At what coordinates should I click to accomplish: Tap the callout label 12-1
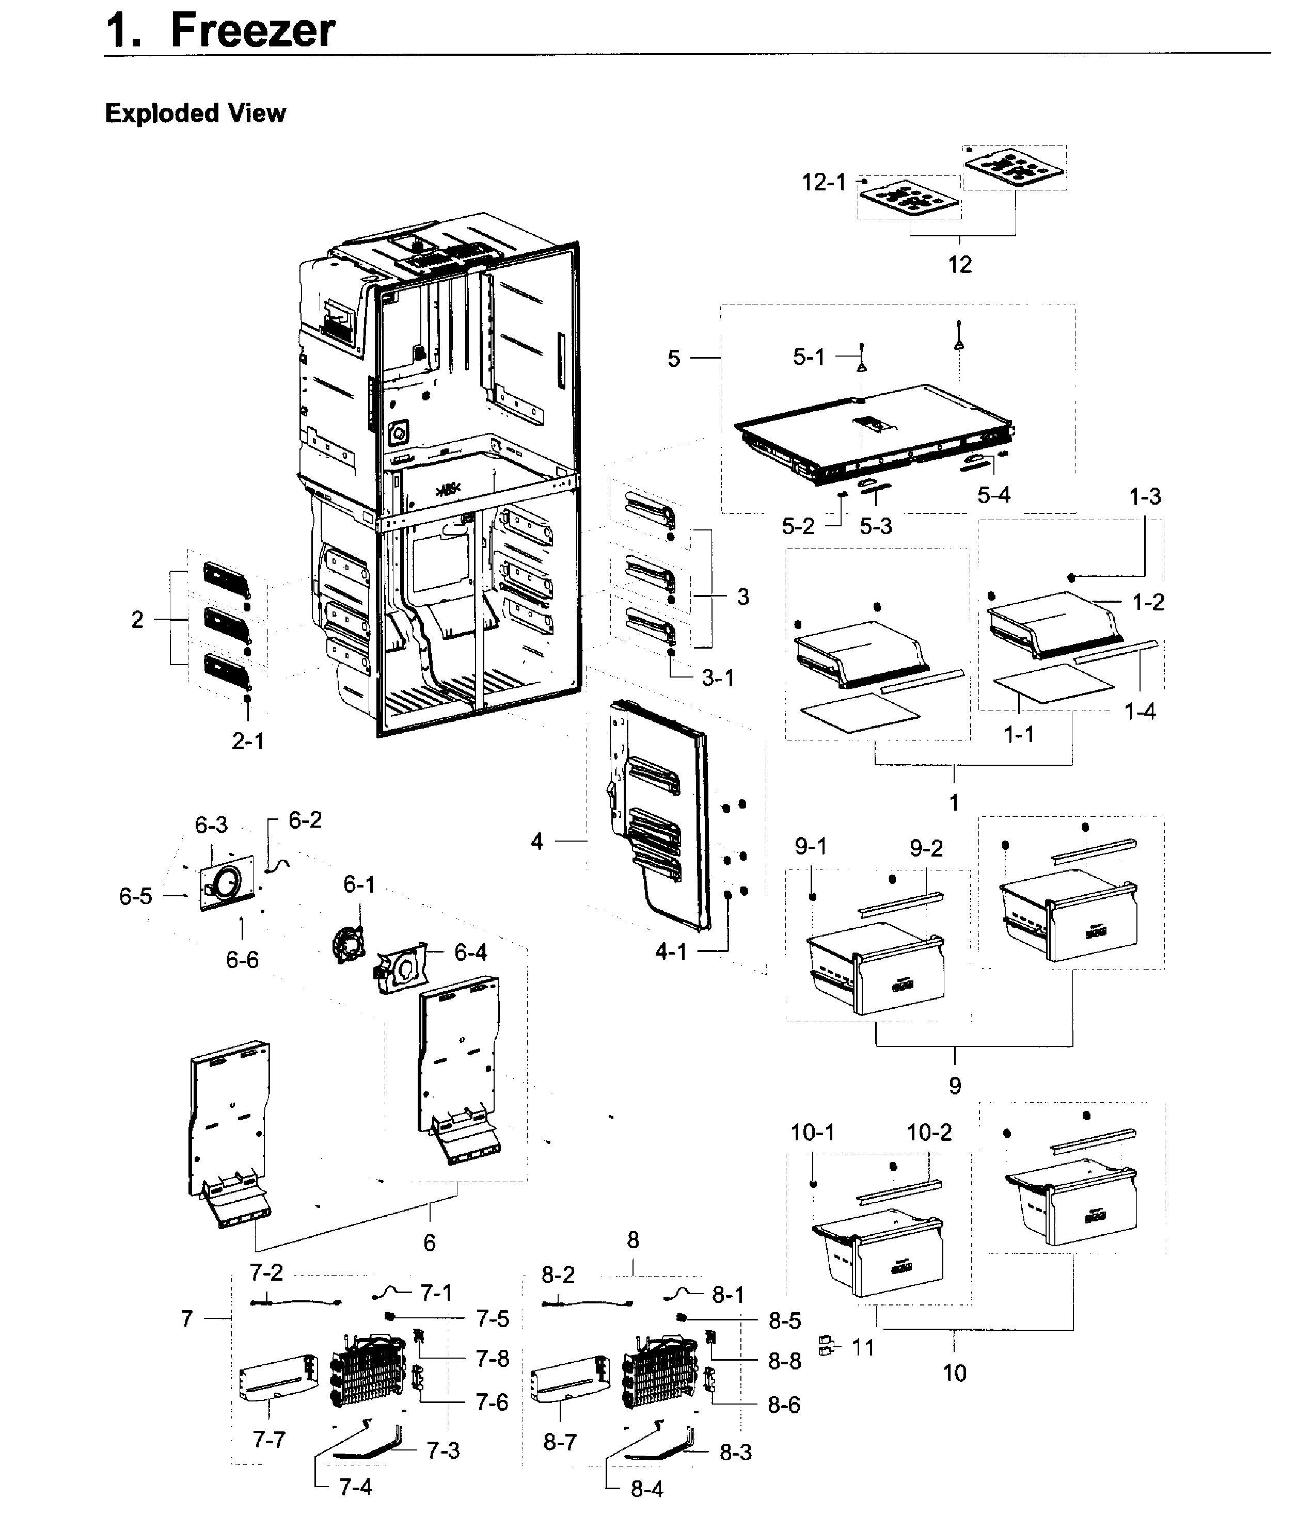coord(823,182)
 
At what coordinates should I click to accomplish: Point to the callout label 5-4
coord(993,495)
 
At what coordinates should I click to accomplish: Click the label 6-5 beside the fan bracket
coord(136,896)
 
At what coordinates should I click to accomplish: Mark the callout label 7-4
coord(355,1487)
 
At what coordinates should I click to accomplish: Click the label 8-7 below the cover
coord(560,1442)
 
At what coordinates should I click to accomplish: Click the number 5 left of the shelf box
coord(673,358)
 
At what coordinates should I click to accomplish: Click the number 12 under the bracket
coord(959,264)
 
